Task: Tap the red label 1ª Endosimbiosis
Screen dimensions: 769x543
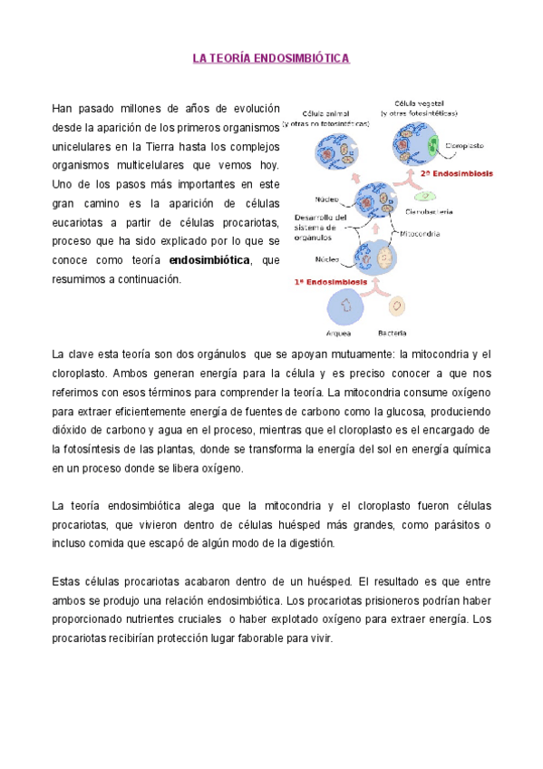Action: (330, 282)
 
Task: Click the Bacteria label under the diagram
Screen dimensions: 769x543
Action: (392, 332)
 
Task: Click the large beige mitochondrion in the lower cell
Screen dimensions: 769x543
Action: (385, 258)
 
